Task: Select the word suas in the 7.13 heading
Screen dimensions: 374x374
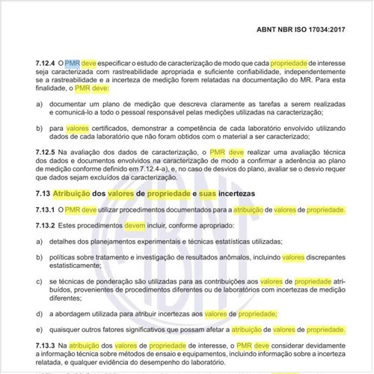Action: coord(210,194)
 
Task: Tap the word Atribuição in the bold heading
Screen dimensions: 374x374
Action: coord(76,194)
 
